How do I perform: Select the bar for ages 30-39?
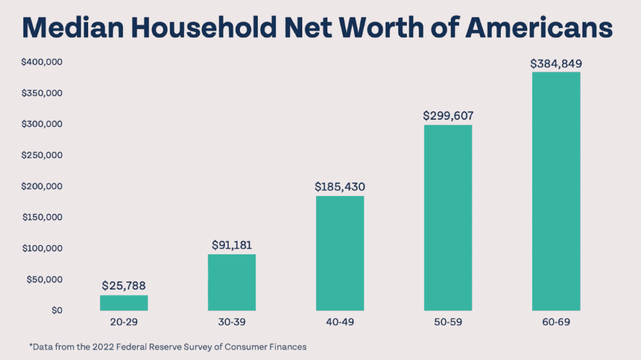click(232, 282)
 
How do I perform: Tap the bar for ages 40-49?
click(340, 253)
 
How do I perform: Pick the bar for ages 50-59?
click(448, 217)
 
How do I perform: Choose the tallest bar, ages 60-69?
click(556, 191)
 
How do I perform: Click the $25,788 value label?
click(124, 286)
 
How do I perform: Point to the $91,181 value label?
click(232, 245)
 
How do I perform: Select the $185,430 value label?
click(340, 187)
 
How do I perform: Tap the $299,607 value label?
click(448, 115)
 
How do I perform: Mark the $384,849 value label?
click(556, 63)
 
